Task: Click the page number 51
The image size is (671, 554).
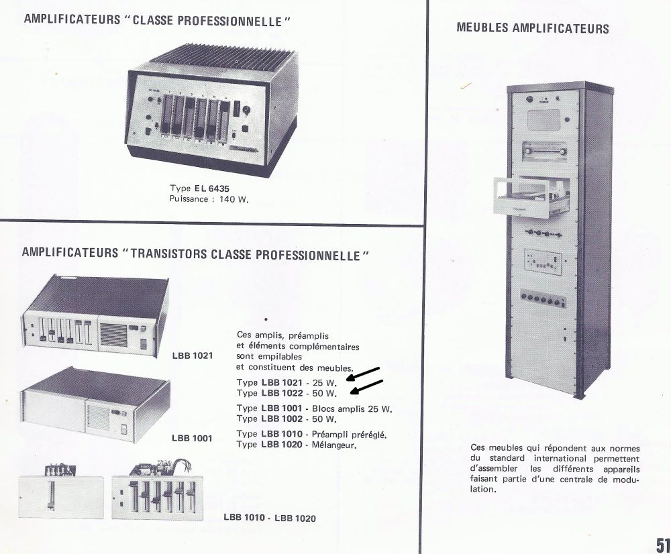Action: pos(663,545)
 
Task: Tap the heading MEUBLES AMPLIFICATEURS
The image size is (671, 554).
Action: pos(532,28)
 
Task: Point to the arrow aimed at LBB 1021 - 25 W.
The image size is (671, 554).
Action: pos(363,374)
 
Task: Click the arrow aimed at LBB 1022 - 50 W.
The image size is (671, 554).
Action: pos(367,387)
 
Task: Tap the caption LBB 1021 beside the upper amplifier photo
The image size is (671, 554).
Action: pos(192,355)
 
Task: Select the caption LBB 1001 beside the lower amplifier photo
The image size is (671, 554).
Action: pos(192,438)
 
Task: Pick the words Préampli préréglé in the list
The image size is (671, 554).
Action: pos(349,434)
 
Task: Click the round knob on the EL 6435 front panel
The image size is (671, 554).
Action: pos(247,110)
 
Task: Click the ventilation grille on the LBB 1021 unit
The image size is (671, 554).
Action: pos(114,335)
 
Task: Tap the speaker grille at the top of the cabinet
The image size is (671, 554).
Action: pos(544,120)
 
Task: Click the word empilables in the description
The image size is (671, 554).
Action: pos(269,356)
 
